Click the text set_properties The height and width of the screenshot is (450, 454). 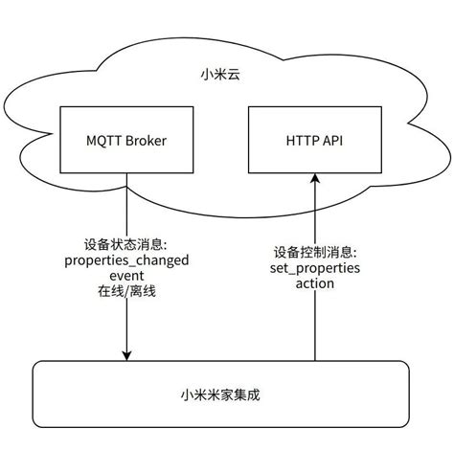(x=315, y=267)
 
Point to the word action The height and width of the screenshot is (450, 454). (x=315, y=284)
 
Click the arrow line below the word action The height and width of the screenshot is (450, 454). (x=315, y=326)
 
